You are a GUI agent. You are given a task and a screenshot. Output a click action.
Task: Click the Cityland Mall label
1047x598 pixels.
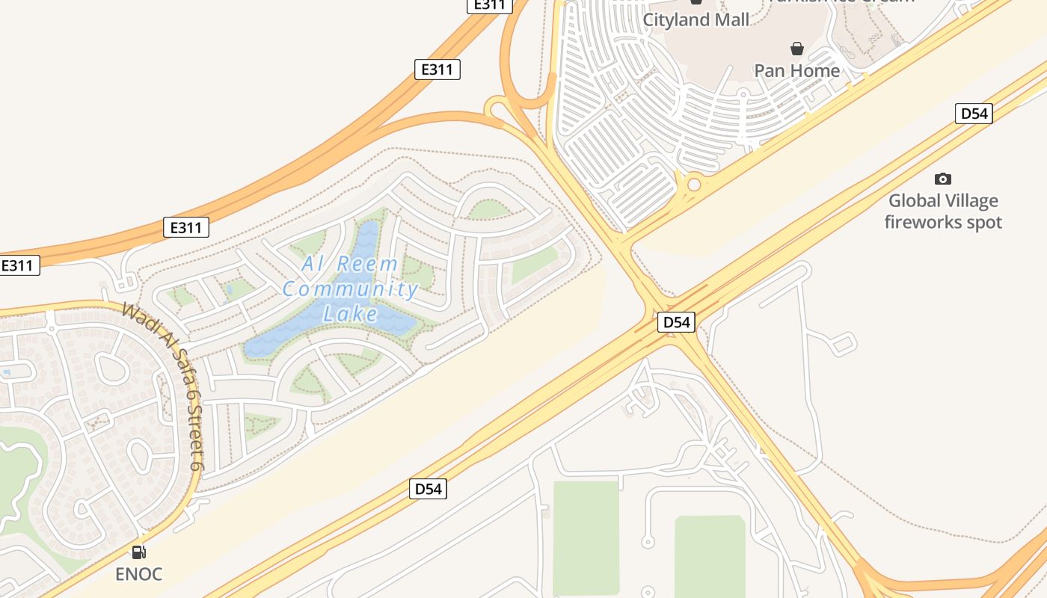coord(696,20)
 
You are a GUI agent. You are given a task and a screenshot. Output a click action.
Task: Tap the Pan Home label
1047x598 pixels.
coord(796,70)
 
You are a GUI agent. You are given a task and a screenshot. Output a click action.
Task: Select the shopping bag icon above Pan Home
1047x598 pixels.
coord(797,49)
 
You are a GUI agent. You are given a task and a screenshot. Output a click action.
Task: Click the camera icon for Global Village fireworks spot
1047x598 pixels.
coord(943,179)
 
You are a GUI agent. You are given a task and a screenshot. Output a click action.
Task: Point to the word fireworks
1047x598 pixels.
coord(922,222)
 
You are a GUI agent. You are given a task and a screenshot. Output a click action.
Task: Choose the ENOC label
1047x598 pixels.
coord(138,574)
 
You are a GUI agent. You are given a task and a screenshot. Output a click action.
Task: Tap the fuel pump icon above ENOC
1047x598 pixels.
coord(138,552)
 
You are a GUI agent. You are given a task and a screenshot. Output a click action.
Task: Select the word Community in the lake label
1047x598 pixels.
coord(350,289)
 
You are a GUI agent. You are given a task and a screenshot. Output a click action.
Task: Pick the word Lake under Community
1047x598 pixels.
coord(351,314)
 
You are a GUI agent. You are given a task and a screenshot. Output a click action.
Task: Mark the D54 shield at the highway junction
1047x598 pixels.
coord(677,322)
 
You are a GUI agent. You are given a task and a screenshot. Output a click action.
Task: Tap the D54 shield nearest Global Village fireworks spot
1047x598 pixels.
coord(974,114)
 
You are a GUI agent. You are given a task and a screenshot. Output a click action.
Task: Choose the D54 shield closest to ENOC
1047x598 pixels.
coord(429,489)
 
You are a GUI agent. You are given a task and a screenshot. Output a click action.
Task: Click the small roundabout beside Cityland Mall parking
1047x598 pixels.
coord(694,183)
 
